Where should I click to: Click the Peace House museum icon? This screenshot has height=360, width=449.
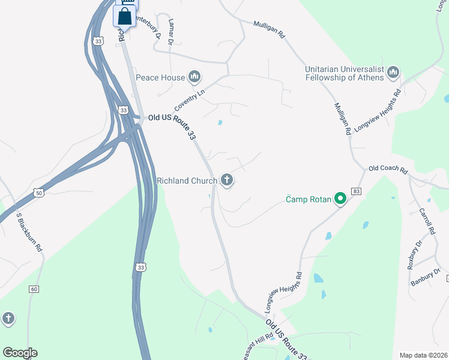pyautogui.click(x=194, y=77)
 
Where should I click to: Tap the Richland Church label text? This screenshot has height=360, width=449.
pyautogui.click(x=187, y=180)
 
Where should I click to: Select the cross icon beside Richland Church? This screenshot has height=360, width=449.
pyautogui.click(x=227, y=179)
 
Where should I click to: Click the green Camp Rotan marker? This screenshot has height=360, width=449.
pyautogui.click(x=340, y=199)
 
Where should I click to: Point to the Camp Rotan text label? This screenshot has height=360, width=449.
pyautogui.click(x=308, y=199)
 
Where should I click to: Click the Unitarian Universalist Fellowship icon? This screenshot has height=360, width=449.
pyautogui.click(x=393, y=73)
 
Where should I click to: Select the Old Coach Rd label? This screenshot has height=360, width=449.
pyautogui.click(x=388, y=169)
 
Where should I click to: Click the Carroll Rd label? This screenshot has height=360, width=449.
pyautogui.click(x=426, y=221)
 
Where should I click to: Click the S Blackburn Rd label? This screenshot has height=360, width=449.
pyautogui.click(x=29, y=231)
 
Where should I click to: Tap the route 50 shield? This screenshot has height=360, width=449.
pyautogui.click(x=39, y=193)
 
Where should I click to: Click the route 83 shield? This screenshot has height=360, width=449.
pyautogui.click(x=357, y=191)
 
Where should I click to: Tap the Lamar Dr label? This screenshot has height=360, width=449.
pyautogui.click(x=171, y=31)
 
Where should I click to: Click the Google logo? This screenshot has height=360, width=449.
pyautogui.click(x=20, y=353)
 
